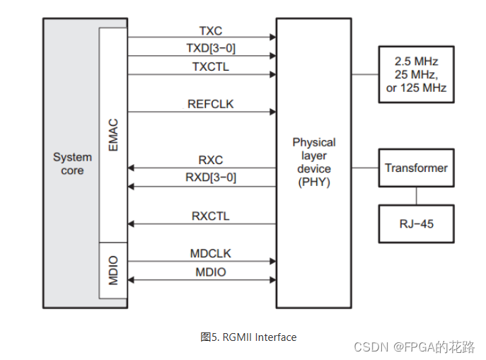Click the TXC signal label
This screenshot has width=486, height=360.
pyautogui.click(x=210, y=31)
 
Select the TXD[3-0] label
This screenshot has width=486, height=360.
pyautogui.click(x=211, y=48)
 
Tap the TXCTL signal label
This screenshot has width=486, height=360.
pyautogui.click(x=210, y=66)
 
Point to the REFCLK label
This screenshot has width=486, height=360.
pyautogui.click(x=210, y=104)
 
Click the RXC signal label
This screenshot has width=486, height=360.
pyautogui.click(x=210, y=160)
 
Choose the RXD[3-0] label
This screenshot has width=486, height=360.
pyautogui.click(x=211, y=178)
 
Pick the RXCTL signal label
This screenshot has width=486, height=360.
pyautogui.click(x=210, y=216)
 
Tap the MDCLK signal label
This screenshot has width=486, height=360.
pyautogui.click(x=210, y=253)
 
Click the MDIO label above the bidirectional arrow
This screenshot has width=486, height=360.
pyautogui.click(x=210, y=272)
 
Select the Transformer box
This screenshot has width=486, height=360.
pyautogui.click(x=416, y=168)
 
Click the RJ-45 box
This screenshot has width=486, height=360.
pyautogui.click(x=416, y=223)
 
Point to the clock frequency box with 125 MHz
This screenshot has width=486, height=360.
pyautogui.click(x=416, y=74)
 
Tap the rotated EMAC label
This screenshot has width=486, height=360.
pyautogui.click(x=113, y=135)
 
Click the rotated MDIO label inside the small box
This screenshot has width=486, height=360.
pyautogui.click(x=113, y=270)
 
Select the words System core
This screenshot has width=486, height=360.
pyautogui.click(x=73, y=163)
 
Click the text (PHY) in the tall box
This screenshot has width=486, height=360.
pyautogui.click(x=314, y=182)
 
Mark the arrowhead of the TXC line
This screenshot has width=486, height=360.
pyautogui.click(x=273, y=37)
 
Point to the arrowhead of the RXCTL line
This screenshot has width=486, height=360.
pyautogui.click(x=131, y=223)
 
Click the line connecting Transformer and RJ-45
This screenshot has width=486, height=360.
pyautogui.click(x=416, y=196)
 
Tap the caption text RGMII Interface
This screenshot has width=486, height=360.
pyautogui.click(x=260, y=337)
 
